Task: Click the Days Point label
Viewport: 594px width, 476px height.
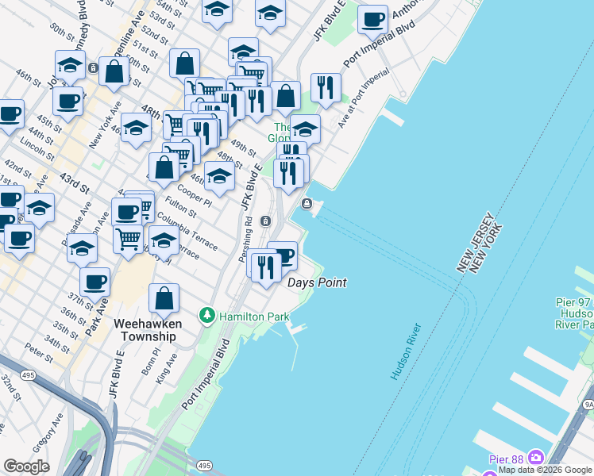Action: click(x=317, y=282)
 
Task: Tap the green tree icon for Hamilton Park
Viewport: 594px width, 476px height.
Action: click(x=207, y=316)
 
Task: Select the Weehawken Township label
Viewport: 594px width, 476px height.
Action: click(x=148, y=330)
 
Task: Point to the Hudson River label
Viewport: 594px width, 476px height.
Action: click(x=405, y=351)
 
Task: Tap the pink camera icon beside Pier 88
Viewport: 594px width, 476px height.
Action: click(x=535, y=457)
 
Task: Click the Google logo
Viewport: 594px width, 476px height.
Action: click(x=27, y=466)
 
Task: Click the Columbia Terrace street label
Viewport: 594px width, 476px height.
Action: click(x=187, y=231)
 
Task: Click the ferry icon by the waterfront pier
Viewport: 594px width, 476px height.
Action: click(x=307, y=205)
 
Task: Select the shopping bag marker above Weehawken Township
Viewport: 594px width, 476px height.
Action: click(x=164, y=298)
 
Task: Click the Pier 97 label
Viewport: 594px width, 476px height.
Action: click(x=573, y=304)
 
